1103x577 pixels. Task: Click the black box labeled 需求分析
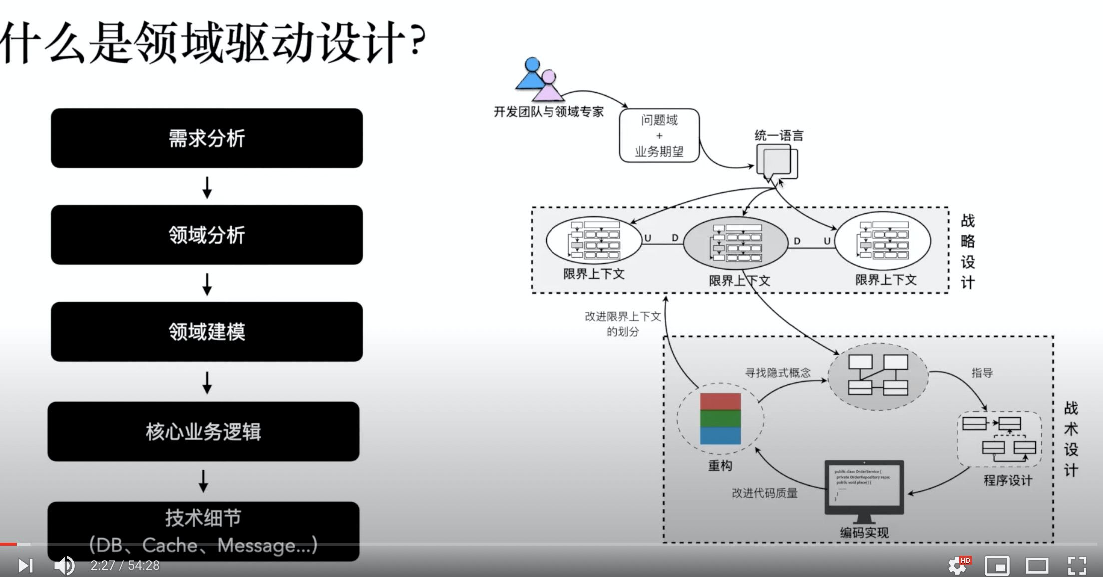click(207, 138)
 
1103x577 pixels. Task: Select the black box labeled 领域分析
click(207, 235)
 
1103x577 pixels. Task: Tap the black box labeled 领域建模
click(207, 332)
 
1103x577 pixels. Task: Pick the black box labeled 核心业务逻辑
click(203, 431)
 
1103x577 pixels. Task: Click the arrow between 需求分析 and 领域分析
click(207, 187)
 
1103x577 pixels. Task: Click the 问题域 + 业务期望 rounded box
click(659, 136)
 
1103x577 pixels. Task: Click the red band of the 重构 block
click(720, 402)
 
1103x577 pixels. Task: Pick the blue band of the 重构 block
click(720, 436)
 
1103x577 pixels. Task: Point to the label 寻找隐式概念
click(778, 373)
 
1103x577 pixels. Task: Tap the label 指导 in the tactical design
click(982, 373)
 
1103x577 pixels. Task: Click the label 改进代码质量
click(764, 493)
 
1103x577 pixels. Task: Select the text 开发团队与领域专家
click(549, 112)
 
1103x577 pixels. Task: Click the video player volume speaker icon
click(64, 566)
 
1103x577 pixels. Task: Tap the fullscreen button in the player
click(1077, 566)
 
